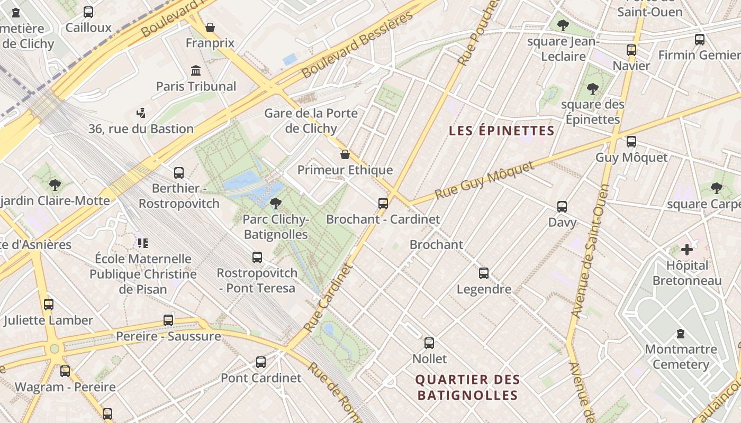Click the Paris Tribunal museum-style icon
[x=196, y=71]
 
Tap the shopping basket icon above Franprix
[x=210, y=27]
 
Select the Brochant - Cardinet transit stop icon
[x=383, y=203]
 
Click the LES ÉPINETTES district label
[x=501, y=131]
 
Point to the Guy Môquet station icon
[x=631, y=142]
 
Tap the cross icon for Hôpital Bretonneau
[x=686, y=250]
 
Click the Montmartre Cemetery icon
[x=680, y=334]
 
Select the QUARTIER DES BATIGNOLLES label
[x=468, y=387]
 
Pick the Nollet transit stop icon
[x=429, y=343]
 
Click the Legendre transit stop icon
[x=484, y=273]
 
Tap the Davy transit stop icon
[x=562, y=207]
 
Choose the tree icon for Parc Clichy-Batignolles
[x=275, y=203]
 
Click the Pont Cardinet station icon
[x=261, y=362]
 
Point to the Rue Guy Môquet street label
[x=484, y=181]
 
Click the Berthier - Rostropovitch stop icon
[x=179, y=173]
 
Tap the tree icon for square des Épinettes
[x=592, y=88]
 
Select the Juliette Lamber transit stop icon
[x=49, y=305]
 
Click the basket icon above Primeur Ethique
[x=345, y=154]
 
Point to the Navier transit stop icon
[x=631, y=50]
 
